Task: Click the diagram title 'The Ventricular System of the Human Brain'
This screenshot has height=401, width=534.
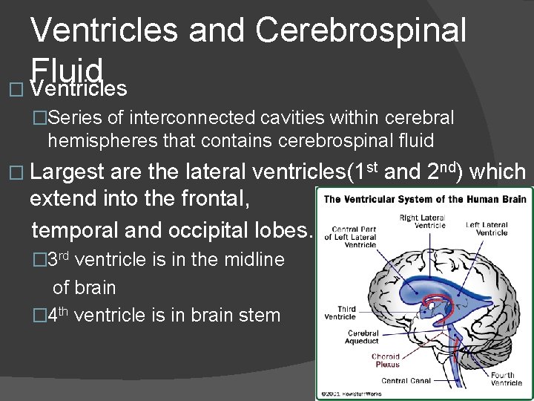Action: [x=424, y=199]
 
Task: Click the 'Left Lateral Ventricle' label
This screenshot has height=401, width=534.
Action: [x=487, y=228]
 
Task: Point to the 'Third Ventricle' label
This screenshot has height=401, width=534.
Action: [x=340, y=313]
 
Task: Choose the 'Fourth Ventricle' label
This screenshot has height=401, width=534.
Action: [x=507, y=379]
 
